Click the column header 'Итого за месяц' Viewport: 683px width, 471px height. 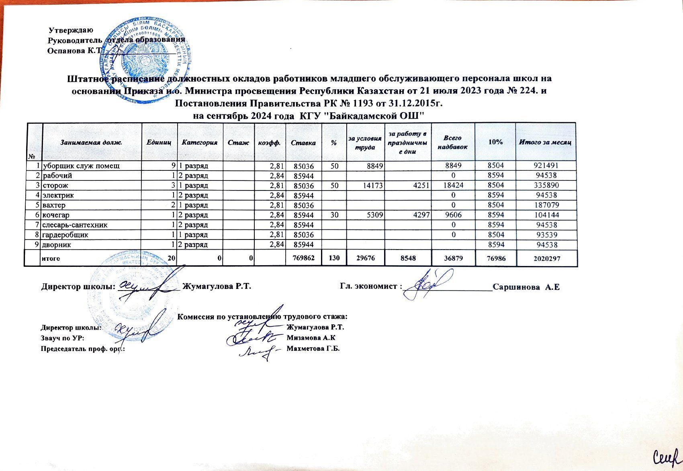tap(545, 142)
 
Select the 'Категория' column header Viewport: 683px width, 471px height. tap(199, 142)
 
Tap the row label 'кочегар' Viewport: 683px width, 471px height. tap(56, 215)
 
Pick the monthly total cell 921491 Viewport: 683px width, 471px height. tap(545, 166)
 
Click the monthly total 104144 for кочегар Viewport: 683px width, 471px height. tap(545, 215)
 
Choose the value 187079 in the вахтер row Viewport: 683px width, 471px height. tap(545, 205)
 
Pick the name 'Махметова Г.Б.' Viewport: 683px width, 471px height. tap(313, 348)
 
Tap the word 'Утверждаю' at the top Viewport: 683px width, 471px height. tap(71, 31)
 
